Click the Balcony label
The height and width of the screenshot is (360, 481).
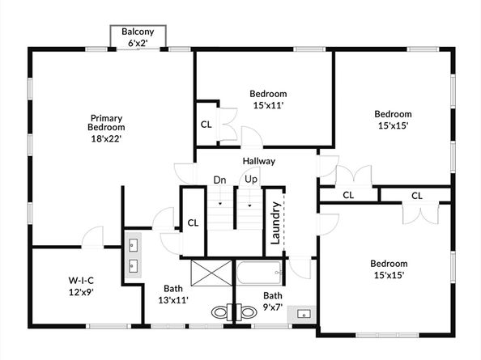[x=138, y=32]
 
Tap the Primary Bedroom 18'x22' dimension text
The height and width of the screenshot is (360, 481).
[x=106, y=139]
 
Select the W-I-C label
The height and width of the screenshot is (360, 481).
[x=81, y=281]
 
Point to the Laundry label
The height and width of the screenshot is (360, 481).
[x=275, y=222]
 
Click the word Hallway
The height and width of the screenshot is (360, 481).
[x=259, y=161]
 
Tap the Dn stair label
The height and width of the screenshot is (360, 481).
[x=219, y=180]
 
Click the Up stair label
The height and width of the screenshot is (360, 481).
[x=251, y=180]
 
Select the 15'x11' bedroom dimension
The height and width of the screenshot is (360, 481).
[x=268, y=105]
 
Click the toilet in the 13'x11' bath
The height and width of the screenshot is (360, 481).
[x=222, y=312]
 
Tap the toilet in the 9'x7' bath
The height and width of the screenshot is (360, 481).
[x=246, y=312]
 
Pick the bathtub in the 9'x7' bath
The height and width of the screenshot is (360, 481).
[x=259, y=273]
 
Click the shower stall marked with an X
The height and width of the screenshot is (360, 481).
[x=211, y=273]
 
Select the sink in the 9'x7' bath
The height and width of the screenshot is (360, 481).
[x=304, y=314]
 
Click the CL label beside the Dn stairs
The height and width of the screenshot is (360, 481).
[x=193, y=222]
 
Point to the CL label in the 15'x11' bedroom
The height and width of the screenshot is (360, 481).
[x=206, y=125]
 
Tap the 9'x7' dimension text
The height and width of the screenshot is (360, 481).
[x=273, y=307]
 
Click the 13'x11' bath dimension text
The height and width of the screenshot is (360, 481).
[x=173, y=300]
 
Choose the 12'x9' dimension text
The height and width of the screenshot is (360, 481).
[x=81, y=292]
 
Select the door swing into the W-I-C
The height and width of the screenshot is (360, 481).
[x=92, y=237]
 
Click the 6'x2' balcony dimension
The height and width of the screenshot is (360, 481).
[x=138, y=44]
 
